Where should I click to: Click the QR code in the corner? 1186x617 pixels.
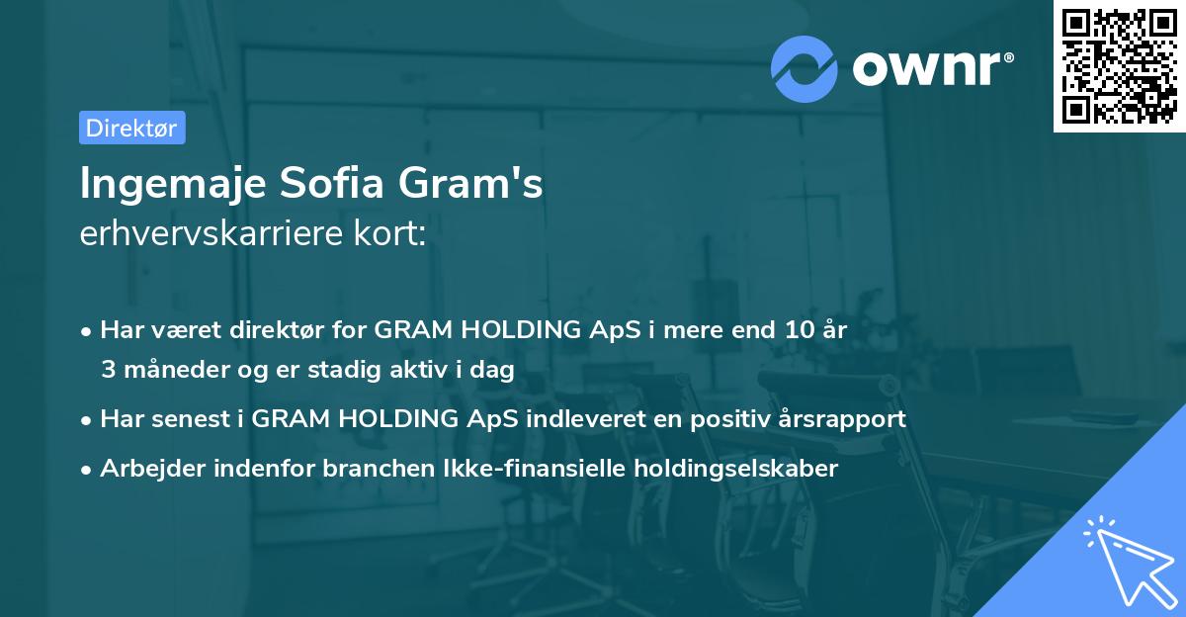[1119, 65]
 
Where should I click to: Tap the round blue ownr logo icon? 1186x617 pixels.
[805, 68]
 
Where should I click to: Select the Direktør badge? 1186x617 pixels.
[131, 128]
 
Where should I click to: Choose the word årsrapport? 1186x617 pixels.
[841, 419]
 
